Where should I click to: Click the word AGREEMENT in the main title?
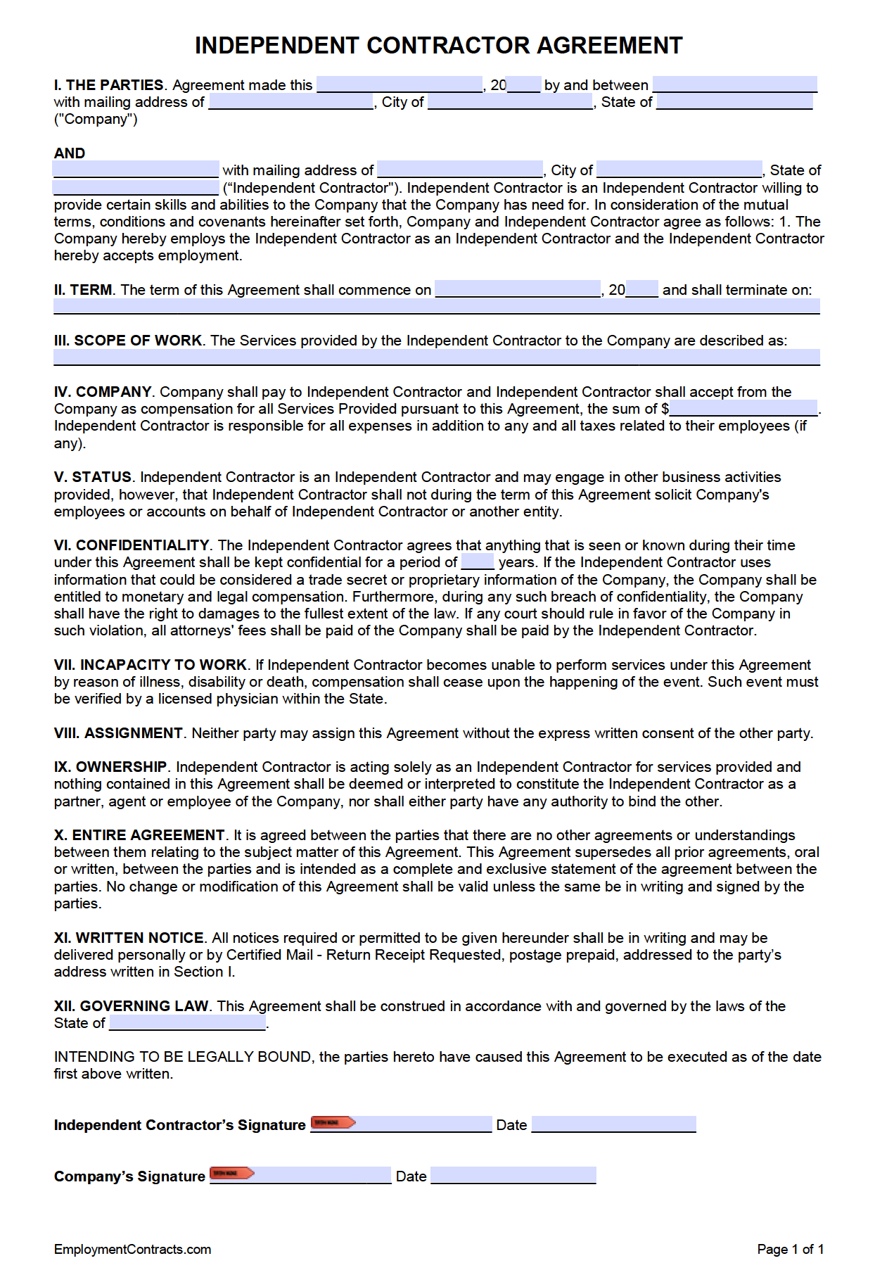tap(609, 46)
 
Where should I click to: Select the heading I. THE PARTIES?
tap(109, 85)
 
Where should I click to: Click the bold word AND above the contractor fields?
tap(69, 153)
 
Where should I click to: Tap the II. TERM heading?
tap(83, 290)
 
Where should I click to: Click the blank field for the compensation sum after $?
tap(743, 408)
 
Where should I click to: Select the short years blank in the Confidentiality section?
tap(478, 562)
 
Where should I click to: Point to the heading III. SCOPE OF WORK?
tap(128, 341)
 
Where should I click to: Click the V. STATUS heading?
tap(93, 477)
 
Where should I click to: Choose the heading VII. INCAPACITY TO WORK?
tap(151, 665)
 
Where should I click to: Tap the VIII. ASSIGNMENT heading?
tap(118, 733)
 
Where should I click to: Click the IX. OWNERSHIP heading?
tap(110, 767)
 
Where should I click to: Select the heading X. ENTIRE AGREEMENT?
tap(139, 835)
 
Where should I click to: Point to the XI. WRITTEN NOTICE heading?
tap(129, 938)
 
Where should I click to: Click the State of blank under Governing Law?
tap(188, 1023)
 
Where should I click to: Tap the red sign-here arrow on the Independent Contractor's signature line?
tap(333, 1123)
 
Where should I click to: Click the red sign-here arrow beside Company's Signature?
tap(232, 1174)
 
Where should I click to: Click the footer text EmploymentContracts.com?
tap(132, 1249)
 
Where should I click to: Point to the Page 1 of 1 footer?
tap(790, 1249)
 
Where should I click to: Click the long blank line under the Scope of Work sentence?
tap(436, 357)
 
